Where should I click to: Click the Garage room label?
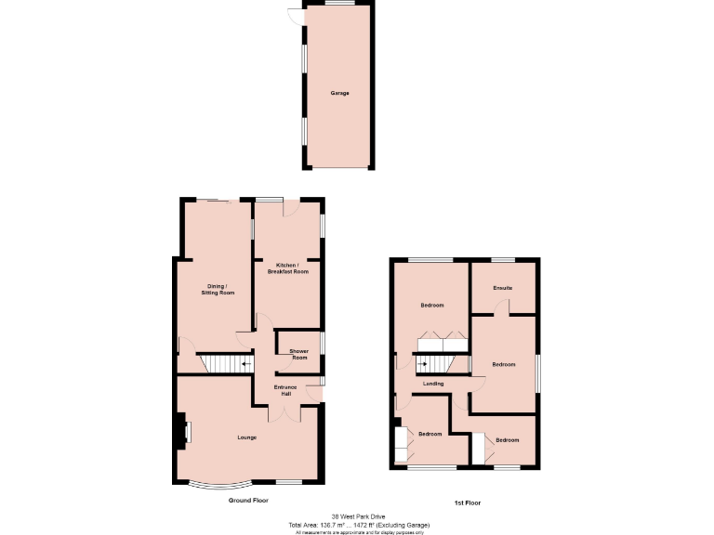(x=340, y=93)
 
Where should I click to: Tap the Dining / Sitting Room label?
(x=218, y=289)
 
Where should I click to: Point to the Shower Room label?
(x=298, y=354)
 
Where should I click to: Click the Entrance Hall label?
(x=285, y=390)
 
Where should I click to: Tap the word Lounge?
(x=246, y=437)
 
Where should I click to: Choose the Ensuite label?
(x=503, y=288)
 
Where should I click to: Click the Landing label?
(x=433, y=383)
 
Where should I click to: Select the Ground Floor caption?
(x=248, y=501)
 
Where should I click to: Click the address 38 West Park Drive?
(x=357, y=516)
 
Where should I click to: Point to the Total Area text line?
(x=357, y=525)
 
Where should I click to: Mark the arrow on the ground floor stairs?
(x=245, y=364)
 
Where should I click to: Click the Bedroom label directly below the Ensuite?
(x=503, y=364)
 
